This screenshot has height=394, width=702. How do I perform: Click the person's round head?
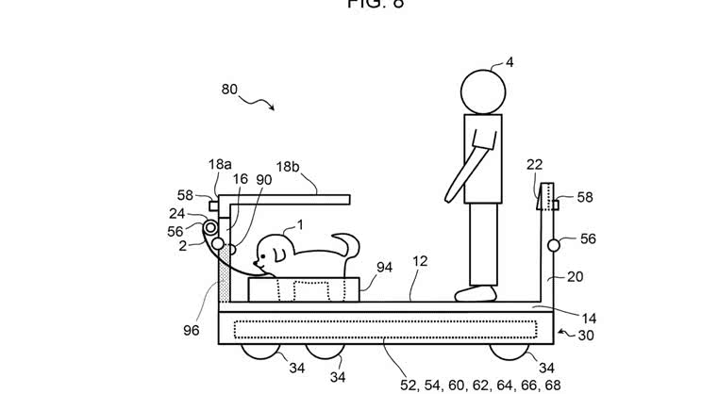pos(483,93)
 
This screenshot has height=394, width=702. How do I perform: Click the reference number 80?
pos(229,90)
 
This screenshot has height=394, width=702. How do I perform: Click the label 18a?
pos(220,164)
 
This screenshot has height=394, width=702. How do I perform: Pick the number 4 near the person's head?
pos(510,63)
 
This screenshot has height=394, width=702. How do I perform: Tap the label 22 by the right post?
pos(535,165)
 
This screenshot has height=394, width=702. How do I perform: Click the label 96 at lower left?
pos(192,330)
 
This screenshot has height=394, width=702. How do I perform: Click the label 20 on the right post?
pos(575,276)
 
